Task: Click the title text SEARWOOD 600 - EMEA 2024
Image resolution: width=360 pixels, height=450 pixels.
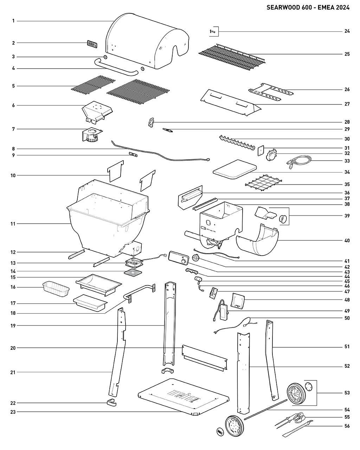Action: point(308,8)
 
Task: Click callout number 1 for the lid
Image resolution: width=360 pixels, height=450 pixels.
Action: point(13,21)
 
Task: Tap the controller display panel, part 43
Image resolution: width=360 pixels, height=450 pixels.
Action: point(178,257)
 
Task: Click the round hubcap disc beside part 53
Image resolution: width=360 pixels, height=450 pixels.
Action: point(308,386)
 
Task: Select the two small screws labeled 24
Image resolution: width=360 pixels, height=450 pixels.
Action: point(212,32)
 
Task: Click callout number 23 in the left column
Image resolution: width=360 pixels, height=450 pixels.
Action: point(13,412)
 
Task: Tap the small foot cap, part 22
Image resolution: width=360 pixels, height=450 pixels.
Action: point(111,403)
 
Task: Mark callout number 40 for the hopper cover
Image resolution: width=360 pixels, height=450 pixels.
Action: point(347,241)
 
